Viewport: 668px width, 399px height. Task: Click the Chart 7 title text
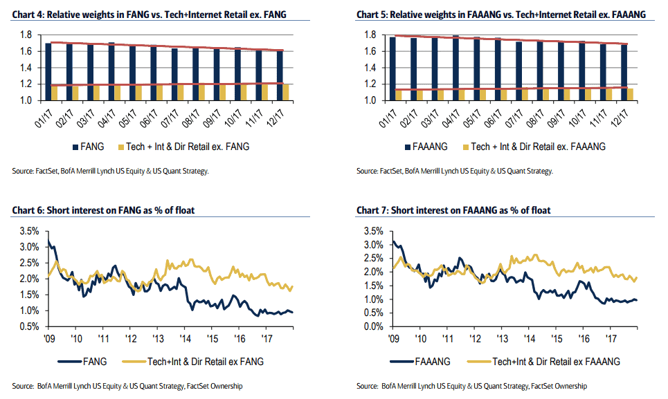click(x=454, y=210)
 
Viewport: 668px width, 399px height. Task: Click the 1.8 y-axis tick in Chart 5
click(x=368, y=35)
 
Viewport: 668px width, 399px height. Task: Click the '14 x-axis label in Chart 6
click(x=186, y=340)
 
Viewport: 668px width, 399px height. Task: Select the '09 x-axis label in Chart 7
click(x=393, y=340)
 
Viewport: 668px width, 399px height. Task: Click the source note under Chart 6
click(x=127, y=386)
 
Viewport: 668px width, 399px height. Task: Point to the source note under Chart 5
click(x=454, y=171)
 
